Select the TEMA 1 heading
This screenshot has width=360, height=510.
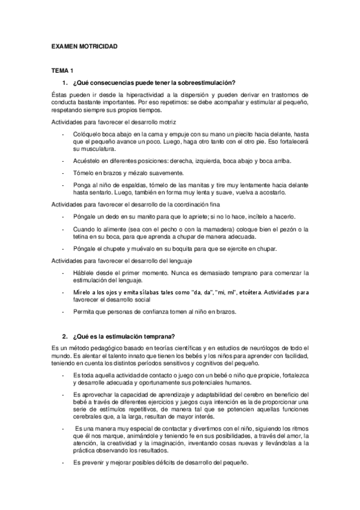62,71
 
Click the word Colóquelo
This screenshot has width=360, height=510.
87,133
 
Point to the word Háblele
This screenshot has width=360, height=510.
84,272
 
